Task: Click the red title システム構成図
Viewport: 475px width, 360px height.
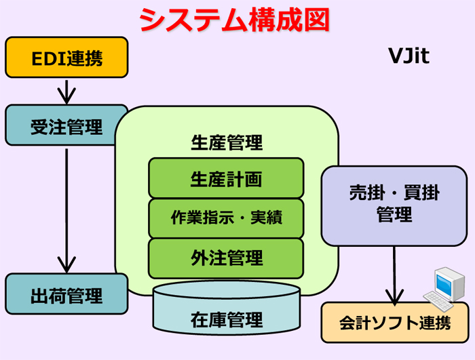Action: pyautogui.click(x=235, y=20)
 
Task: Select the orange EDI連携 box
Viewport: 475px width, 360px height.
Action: pyautogui.click(x=66, y=57)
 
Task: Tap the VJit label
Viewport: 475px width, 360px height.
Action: pyautogui.click(x=408, y=56)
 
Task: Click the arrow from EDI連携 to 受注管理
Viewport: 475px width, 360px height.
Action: pyautogui.click(x=66, y=92)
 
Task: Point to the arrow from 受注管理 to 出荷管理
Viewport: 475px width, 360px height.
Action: pyautogui.click(x=66, y=211)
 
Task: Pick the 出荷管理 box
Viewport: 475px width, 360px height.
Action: pyautogui.click(x=66, y=294)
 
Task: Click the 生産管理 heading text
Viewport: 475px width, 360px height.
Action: pyautogui.click(x=227, y=142)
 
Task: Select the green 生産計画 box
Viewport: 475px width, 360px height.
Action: pyautogui.click(x=226, y=178)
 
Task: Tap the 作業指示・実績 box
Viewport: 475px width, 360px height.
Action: pyautogui.click(x=226, y=218)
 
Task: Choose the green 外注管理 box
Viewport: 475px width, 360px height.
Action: pyautogui.click(x=226, y=258)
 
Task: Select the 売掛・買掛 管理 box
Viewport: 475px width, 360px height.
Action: pyautogui.click(x=394, y=206)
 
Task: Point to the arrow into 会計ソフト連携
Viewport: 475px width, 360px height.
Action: pyautogui.click(x=394, y=275)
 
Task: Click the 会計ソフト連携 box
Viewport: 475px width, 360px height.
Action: pyautogui.click(x=395, y=323)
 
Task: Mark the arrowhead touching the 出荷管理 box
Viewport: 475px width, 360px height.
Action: pyautogui.click(x=66, y=265)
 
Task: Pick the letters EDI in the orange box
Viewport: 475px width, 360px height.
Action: pyautogui.click(x=48, y=58)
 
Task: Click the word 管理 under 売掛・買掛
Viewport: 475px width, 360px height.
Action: pyautogui.click(x=394, y=214)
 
